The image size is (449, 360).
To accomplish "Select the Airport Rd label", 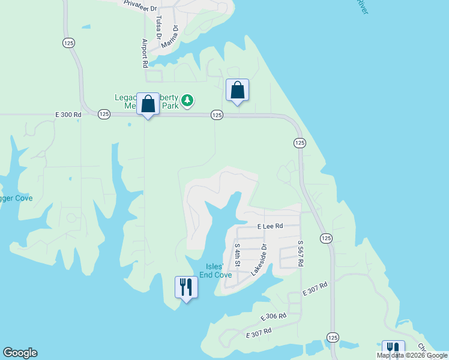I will tap(145, 53).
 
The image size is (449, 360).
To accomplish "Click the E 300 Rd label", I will tap(68, 114).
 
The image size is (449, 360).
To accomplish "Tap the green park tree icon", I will tap(188, 100).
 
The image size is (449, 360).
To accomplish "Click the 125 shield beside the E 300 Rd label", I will tap(104, 114).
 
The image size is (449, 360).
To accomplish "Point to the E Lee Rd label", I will tap(270, 226).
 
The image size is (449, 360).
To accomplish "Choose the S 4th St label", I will tap(237, 255).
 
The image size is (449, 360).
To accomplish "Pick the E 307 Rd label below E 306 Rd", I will tap(259, 331).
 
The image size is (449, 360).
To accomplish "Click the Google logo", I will tap(20, 353).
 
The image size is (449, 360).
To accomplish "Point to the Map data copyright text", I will tap(412, 355).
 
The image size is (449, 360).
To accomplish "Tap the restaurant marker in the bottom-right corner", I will tap(393, 349).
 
